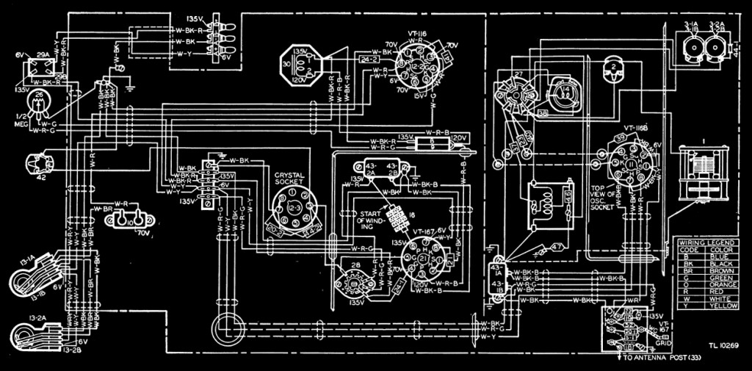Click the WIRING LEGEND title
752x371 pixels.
[x=701, y=242]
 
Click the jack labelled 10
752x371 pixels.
[x=131, y=220]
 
